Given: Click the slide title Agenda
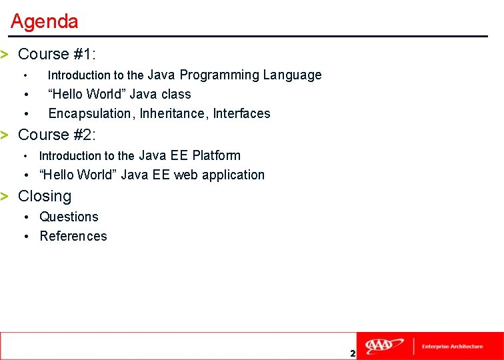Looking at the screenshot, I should click(45, 21).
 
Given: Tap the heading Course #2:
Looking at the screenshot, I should click(57, 135).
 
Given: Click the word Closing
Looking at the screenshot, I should click(45, 196).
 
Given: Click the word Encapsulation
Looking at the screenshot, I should click(90, 113).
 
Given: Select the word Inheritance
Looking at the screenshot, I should click(173, 113).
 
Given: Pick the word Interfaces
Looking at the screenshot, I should click(241, 113).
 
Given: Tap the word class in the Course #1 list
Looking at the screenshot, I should click(176, 94).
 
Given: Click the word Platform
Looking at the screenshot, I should click(216, 155).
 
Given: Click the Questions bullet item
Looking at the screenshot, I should click(69, 217).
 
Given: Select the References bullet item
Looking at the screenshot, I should click(73, 236).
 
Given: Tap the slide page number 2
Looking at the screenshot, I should click(353, 353).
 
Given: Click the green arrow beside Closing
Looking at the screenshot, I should click(5, 196).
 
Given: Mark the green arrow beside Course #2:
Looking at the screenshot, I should click(5, 135).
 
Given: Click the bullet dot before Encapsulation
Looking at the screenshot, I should click(25, 113).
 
